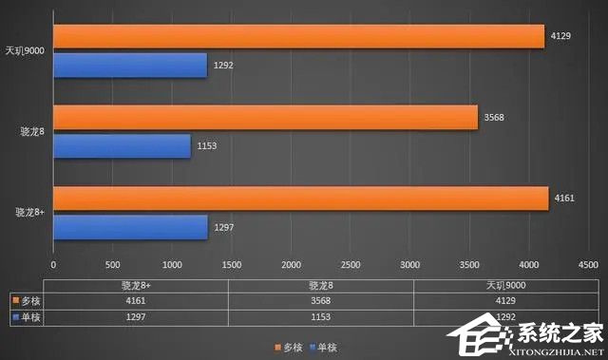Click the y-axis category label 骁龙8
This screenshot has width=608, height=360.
[x=32, y=131]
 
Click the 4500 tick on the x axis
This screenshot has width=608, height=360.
[x=587, y=265]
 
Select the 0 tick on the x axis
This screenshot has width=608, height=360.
[x=53, y=265]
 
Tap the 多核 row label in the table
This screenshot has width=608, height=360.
[x=29, y=301]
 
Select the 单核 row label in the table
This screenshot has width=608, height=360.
[x=29, y=317]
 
